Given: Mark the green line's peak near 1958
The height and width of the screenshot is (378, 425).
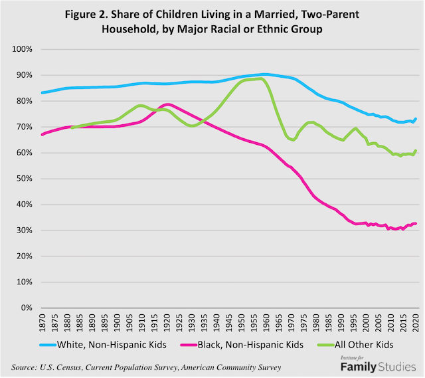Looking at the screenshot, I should click(261, 78).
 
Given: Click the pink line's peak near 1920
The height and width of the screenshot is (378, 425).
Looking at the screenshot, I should click(167, 104).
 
